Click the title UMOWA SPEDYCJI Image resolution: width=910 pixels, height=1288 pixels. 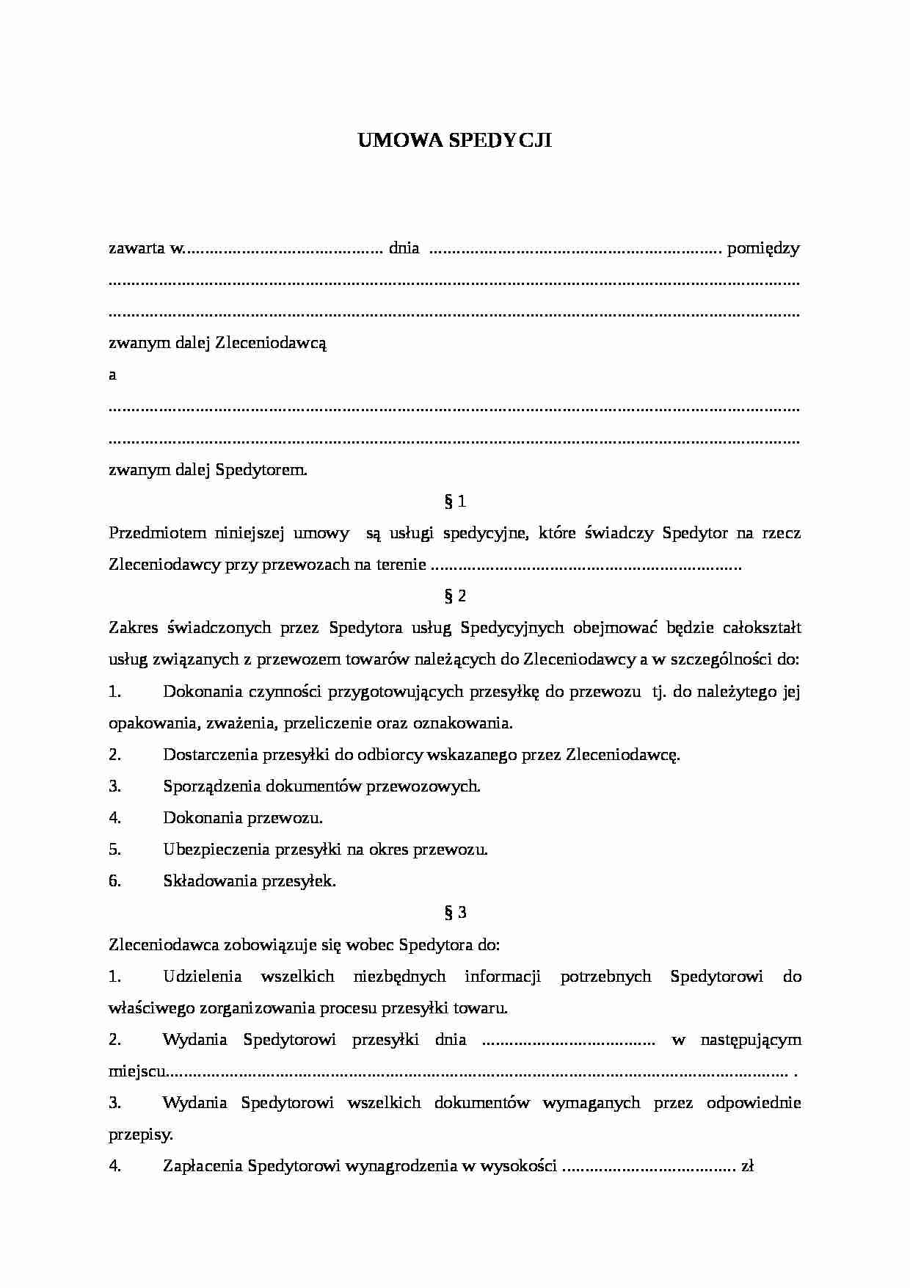click(454, 141)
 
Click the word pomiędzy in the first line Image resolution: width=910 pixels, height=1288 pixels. click(763, 248)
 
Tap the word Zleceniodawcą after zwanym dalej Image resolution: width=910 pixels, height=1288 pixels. click(271, 343)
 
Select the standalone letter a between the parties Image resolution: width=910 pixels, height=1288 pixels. click(112, 375)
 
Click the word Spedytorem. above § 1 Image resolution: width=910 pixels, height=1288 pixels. click(261, 470)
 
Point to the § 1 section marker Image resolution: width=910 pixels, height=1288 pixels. click(455, 502)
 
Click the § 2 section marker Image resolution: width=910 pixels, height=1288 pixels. click(455, 596)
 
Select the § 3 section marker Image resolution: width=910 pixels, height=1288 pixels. click(455, 913)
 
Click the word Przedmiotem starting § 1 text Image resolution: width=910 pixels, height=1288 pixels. click(150, 533)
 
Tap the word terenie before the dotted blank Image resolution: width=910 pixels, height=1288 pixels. click(401, 565)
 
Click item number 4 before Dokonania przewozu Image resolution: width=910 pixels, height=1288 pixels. click(114, 818)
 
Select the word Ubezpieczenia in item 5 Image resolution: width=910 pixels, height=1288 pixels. click(216, 850)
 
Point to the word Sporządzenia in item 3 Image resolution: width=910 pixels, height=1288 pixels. click(211, 786)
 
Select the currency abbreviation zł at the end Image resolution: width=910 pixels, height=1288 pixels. click(748, 1166)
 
